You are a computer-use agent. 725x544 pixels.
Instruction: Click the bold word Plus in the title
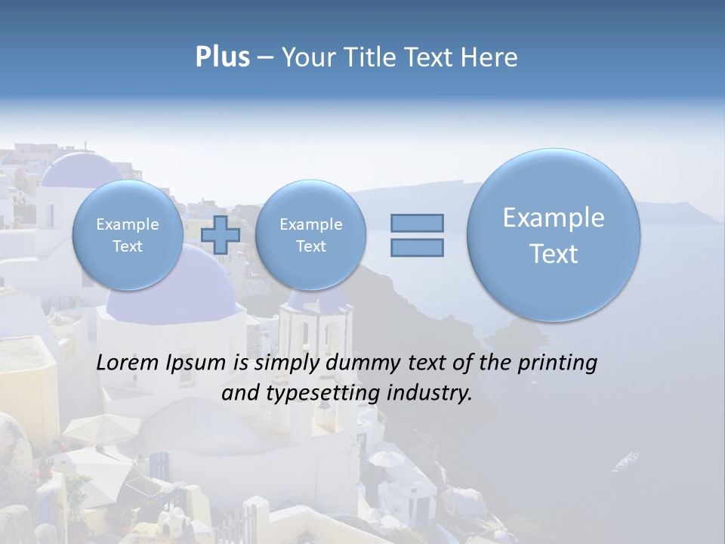point(222,57)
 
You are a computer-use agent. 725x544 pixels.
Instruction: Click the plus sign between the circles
point(221,234)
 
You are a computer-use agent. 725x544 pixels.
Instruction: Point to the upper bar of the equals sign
point(417,223)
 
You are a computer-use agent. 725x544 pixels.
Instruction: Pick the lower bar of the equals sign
point(417,247)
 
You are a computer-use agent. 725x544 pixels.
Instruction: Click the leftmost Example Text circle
point(127,235)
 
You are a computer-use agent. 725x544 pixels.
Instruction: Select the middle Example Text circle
point(310,235)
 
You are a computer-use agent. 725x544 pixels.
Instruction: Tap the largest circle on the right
point(554,235)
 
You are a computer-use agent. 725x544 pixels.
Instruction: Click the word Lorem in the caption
point(128,363)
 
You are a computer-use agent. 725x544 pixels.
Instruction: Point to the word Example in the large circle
point(554,218)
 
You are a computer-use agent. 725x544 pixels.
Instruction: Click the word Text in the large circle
point(554,254)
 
